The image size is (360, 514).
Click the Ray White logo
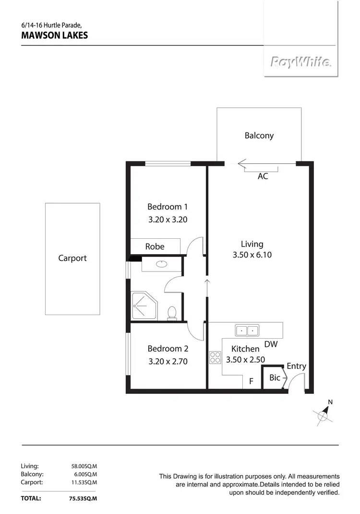point(300,61)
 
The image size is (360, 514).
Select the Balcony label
point(259,135)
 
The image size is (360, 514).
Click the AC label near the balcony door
point(263,176)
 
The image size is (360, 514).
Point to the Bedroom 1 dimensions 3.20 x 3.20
point(167,220)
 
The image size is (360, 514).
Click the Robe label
point(155,246)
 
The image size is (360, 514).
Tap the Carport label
point(72,258)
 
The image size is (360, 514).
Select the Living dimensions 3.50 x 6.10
point(252,255)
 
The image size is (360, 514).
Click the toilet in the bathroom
point(172,313)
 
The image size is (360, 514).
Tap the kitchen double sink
point(247,330)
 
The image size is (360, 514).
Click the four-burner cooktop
point(215,357)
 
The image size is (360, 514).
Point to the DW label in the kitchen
point(271,344)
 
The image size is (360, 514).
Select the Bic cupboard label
point(275,378)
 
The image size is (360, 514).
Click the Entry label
point(296,366)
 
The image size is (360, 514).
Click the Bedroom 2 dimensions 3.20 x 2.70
point(168,361)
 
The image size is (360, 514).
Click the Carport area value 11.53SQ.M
point(84,482)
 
